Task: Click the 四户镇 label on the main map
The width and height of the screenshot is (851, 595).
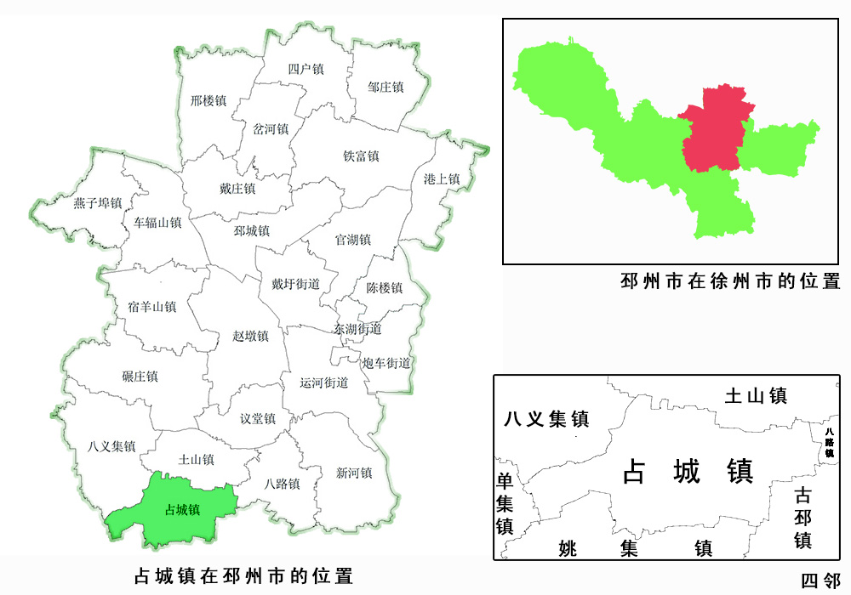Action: pos(306,69)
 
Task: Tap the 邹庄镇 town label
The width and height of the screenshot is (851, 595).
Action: pos(386,87)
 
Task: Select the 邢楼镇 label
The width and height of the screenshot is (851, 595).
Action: pos(208,100)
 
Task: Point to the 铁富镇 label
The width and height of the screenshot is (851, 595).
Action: pos(361,156)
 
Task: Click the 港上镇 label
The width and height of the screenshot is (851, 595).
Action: pos(442,179)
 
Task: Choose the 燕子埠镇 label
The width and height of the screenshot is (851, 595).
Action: pos(98,203)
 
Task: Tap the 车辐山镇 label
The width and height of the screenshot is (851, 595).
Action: pos(157,223)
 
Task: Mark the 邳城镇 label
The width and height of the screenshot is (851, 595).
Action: pos(251,230)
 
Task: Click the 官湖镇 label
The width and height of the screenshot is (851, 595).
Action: pos(352,240)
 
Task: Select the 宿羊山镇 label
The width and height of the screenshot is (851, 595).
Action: pos(151,306)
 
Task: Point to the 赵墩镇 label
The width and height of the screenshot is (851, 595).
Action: pos(250,336)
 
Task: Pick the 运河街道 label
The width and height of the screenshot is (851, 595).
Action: pos(324,382)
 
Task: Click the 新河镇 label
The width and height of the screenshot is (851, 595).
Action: pos(354,473)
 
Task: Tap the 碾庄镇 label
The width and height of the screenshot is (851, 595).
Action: pos(140,376)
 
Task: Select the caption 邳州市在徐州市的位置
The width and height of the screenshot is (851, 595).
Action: pos(731,281)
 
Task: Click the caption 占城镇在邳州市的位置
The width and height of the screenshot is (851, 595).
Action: pos(243,575)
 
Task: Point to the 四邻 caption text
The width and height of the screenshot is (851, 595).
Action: pos(820,581)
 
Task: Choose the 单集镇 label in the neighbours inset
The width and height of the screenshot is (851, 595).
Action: pos(505,502)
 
